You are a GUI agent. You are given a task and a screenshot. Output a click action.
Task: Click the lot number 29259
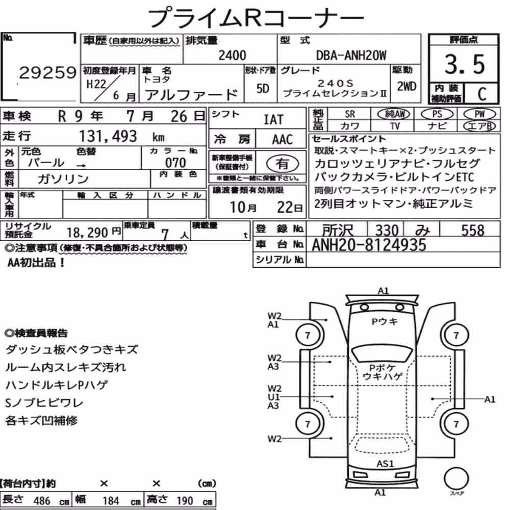(48, 72)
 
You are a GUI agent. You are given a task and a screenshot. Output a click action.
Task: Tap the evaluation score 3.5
(465, 64)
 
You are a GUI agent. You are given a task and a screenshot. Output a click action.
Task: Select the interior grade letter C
(482, 94)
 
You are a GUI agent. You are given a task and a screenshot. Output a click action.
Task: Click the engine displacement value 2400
(232, 55)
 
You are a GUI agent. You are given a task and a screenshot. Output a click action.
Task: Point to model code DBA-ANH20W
(351, 55)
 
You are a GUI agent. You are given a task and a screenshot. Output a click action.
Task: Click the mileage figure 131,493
(108, 136)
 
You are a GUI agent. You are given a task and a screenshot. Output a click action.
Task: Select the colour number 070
(175, 163)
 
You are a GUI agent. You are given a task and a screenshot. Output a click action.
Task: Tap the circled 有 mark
(283, 164)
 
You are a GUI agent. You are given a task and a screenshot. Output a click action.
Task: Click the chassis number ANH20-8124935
(369, 245)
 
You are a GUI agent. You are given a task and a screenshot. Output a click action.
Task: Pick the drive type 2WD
(406, 86)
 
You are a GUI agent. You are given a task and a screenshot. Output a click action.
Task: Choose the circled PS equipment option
(437, 114)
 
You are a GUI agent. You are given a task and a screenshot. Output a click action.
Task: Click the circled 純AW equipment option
(394, 114)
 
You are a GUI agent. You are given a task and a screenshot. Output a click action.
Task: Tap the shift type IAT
(273, 120)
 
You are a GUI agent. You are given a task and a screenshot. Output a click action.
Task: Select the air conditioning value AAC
(283, 140)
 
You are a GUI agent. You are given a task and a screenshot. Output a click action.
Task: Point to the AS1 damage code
(385, 464)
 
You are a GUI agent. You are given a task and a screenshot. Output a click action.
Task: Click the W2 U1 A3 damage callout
(273, 397)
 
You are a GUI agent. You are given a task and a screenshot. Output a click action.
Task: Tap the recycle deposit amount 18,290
(87, 233)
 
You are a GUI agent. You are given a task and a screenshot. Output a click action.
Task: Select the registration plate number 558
(473, 230)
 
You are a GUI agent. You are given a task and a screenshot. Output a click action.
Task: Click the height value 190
(185, 501)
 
